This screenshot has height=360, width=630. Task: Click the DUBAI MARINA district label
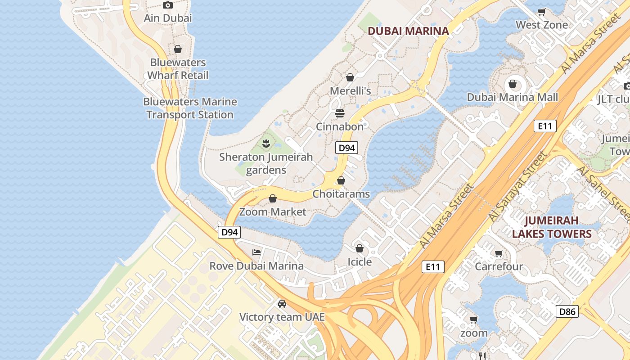[408, 31]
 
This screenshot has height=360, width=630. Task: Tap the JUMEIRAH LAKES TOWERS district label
[551, 227]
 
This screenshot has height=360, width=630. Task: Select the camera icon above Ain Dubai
[168, 5]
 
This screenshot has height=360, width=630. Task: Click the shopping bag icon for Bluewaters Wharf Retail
[178, 49]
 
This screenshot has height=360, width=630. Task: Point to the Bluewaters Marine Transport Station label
[189, 108]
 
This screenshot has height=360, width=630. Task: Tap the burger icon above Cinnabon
[340, 113]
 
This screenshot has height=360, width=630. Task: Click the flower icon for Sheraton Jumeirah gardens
[266, 144]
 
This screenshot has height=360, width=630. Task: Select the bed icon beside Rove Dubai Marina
[256, 252]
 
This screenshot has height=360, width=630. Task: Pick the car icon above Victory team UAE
[282, 304]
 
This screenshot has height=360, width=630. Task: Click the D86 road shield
[567, 311]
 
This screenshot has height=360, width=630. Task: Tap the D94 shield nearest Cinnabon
[346, 148]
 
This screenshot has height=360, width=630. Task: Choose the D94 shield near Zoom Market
[229, 232]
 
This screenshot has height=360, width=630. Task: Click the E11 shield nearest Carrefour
[433, 267]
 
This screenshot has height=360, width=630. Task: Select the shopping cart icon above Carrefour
[499, 253]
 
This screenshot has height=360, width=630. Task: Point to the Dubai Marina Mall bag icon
[512, 83]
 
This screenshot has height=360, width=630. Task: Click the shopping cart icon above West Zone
[542, 12]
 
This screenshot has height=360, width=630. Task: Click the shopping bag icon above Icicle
[360, 248]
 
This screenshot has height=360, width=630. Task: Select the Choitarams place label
[341, 194]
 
